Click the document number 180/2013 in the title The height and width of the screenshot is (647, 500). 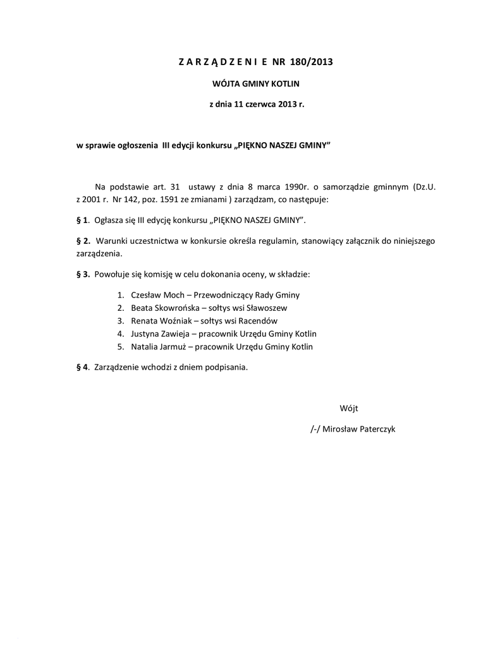pos(311,62)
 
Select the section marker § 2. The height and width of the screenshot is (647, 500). pos(83,241)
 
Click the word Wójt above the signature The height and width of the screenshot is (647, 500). pos(349,408)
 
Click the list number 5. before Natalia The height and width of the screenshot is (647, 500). pos(120,347)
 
